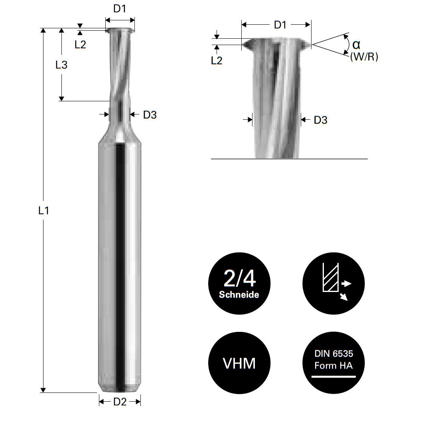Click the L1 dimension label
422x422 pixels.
(x=43, y=211)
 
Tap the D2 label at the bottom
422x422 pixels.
(x=120, y=402)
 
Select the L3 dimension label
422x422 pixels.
(x=61, y=65)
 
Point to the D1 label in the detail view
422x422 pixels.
(x=280, y=25)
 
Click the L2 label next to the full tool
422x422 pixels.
(x=80, y=44)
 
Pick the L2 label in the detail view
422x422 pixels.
(x=217, y=61)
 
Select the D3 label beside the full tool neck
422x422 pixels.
(x=150, y=115)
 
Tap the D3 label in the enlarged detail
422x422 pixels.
(x=320, y=120)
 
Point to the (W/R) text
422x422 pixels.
(x=364, y=57)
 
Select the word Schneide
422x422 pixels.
(x=239, y=295)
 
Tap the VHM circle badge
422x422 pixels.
(x=239, y=363)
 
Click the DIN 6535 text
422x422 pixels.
(x=333, y=354)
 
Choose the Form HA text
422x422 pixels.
(x=333, y=365)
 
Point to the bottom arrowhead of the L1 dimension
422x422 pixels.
(x=43, y=390)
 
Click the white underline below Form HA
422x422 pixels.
(x=333, y=376)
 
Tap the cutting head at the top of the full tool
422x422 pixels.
(x=120, y=31)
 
